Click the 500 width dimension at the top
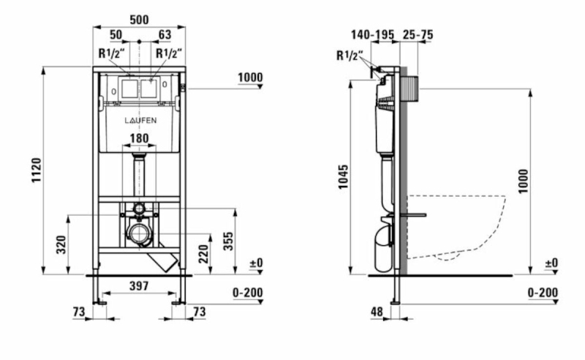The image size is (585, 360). tap(139, 20)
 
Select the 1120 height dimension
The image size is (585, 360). tap(36, 170)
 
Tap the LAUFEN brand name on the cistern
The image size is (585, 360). tap(140, 120)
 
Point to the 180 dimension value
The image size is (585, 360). tap(139, 138)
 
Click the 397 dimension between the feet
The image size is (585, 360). tap(139, 285)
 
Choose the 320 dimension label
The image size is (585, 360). tap(61, 244)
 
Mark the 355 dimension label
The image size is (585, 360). tap(228, 241)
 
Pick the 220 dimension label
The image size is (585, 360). tap(203, 254)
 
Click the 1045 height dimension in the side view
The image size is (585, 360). tap(343, 176)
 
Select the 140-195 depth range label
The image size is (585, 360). tap(372, 34)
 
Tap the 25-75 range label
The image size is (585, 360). tap(418, 34)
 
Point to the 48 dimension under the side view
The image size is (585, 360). tap(377, 312)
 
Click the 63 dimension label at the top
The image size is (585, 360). tap(165, 34)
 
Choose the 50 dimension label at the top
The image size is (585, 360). tap(116, 34)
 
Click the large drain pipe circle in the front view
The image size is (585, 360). tap(140, 233)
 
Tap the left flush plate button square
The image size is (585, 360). tap(129, 88)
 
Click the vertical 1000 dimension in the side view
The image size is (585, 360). tap(524, 181)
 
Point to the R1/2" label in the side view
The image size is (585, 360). tap(349, 56)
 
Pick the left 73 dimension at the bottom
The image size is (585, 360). tap(79, 312)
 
